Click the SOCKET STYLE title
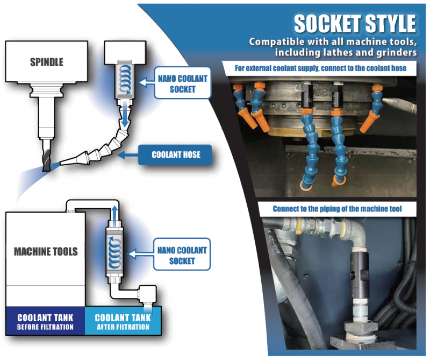click(355, 24)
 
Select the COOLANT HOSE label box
click(176, 155)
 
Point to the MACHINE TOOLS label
click(46, 251)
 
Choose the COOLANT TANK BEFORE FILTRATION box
click(45, 321)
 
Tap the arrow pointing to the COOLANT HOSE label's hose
click(127, 155)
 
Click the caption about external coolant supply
click(321, 68)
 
